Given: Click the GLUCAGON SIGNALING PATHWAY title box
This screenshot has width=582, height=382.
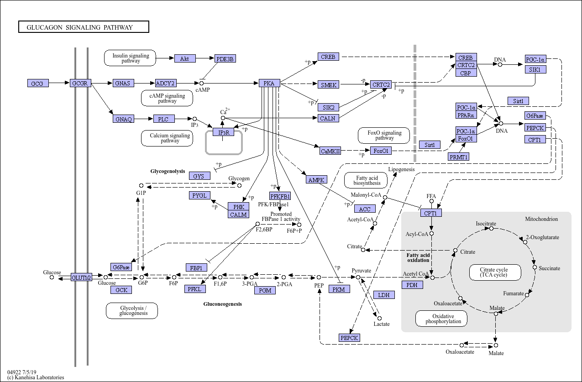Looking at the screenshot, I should pos(84,27).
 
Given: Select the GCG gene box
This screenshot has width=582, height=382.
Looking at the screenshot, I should pos(37,84).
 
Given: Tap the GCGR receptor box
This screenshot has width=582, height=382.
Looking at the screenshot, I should pos(81,83).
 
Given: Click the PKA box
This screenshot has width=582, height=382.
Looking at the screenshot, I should pos(269,83).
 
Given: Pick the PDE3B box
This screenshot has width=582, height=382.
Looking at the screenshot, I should pos(225,58).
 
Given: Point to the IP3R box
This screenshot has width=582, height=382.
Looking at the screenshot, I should pos(223,132).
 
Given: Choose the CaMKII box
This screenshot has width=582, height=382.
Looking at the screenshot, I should pos(330,151).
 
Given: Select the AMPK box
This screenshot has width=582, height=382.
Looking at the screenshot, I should pos(316,180).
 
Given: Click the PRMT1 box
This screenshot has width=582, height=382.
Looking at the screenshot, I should pos(459,157).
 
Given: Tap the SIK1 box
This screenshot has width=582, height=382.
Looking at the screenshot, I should pos(535,69).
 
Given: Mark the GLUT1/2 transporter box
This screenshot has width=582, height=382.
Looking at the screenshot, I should pos(81,277).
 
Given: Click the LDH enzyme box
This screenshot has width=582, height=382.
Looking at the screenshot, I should pos(384,295).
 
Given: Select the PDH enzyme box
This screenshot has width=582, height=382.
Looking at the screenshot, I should pos(412,285).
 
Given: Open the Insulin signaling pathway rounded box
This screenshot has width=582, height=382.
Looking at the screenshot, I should pos(131,58).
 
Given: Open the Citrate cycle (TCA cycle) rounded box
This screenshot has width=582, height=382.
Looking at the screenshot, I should pos(494,272).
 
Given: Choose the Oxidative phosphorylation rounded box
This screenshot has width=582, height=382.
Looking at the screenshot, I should pos(441,319).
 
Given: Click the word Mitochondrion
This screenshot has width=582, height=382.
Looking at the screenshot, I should pos(541,219).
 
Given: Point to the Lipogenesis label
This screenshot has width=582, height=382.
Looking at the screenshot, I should pos(401,169).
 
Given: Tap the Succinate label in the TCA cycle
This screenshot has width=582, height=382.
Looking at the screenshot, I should pos(549,268).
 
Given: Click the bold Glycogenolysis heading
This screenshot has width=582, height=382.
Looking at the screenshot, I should pos(168,171).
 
